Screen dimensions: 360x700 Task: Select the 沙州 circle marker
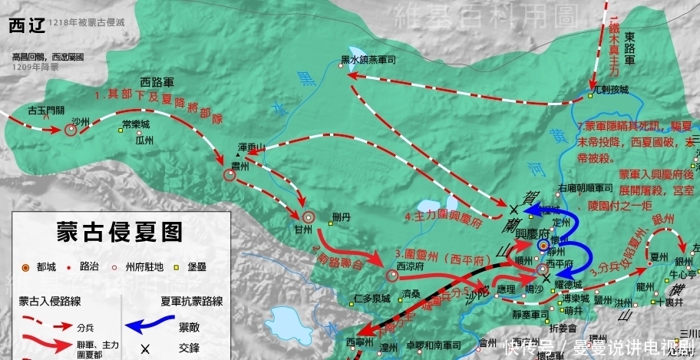[71, 130]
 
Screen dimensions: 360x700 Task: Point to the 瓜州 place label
[144, 140]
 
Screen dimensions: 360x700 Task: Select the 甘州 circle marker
[309, 218]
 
